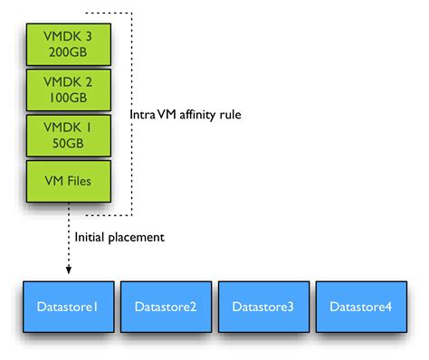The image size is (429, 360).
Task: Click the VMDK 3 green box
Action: pyautogui.click(x=68, y=43)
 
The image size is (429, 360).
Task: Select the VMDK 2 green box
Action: pyautogui.click(x=68, y=89)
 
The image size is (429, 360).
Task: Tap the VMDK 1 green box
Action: pyautogui.click(x=68, y=134)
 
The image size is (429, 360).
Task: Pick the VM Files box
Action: pyautogui.click(x=68, y=180)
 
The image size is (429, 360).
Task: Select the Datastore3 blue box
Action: pyautogui.click(x=263, y=308)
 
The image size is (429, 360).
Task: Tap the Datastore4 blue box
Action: pyautogui.click(x=360, y=308)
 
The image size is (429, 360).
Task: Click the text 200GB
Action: pyautogui.click(x=68, y=51)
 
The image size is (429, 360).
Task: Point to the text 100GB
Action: pyautogui.click(x=68, y=97)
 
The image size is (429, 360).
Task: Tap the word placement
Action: pyautogui.click(x=139, y=238)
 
